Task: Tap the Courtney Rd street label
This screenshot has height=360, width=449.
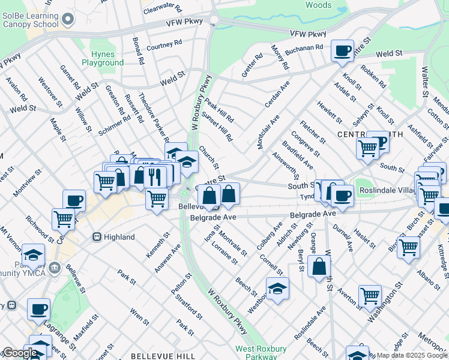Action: pos(164,45)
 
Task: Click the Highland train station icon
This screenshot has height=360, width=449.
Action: pos(95,237)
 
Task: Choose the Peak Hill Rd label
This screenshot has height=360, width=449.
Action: pos(218,109)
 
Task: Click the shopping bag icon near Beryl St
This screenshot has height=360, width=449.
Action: pos(319,266)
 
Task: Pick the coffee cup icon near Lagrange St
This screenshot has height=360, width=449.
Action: pos(38,310)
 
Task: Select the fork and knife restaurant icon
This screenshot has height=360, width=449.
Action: pos(156,175)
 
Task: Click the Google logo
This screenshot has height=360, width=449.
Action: pos(19,353)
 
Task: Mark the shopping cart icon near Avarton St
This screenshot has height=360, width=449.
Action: pos(370,296)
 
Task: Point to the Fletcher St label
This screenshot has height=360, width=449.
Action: pos(313,132)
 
